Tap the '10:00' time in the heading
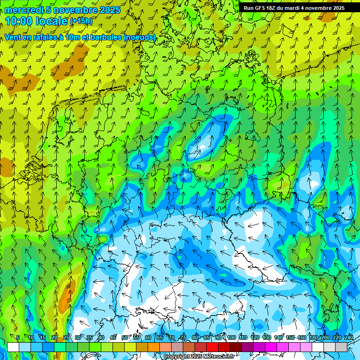coord(20,21)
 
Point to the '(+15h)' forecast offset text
coord(81,21)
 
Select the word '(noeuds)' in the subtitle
coord(139,37)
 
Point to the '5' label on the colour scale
coord(18,337)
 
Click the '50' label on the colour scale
coord(125,337)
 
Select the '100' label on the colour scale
coord(231,337)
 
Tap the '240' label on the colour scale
coord(349,337)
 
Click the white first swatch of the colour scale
coord(13,347)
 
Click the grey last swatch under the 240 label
coord(341,347)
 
